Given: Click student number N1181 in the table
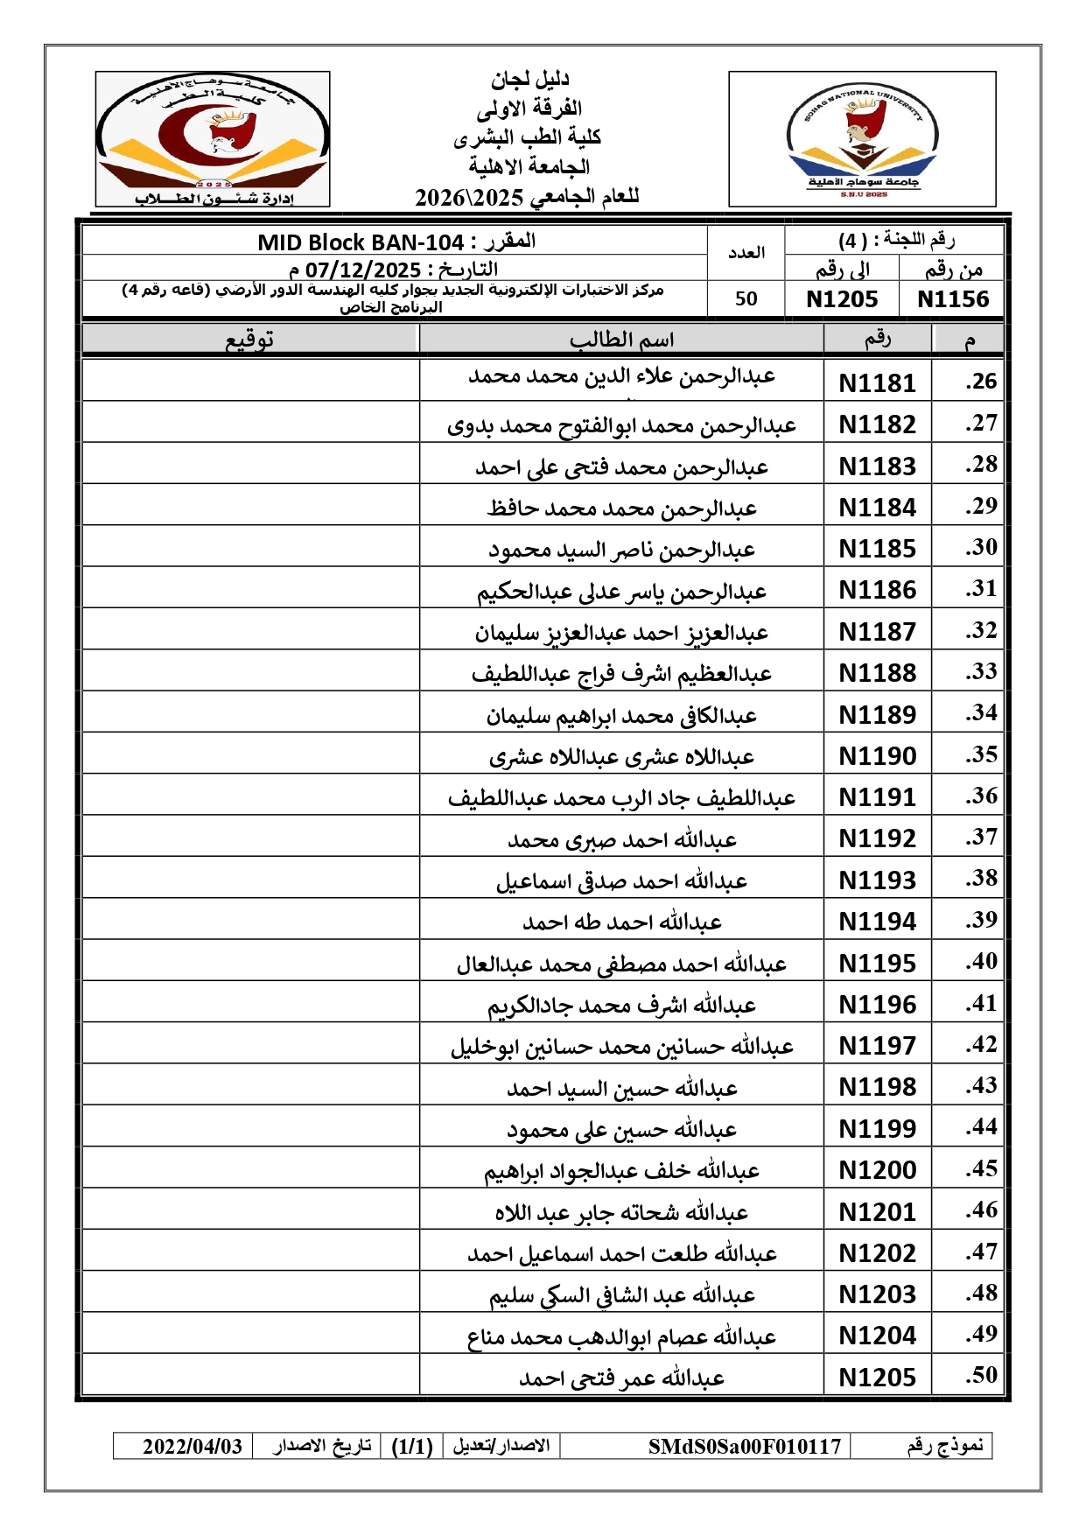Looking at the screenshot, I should tap(877, 382).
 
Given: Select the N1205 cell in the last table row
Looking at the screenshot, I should tap(877, 1377).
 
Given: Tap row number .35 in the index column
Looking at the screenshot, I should tap(981, 754).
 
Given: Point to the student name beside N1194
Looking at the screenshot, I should tap(621, 922).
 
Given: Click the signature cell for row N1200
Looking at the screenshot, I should tap(250, 1169).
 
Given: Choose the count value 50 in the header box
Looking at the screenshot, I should tap(746, 299).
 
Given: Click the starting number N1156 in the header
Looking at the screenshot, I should tap(952, 299).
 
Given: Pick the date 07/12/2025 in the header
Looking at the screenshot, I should tap(363, 270).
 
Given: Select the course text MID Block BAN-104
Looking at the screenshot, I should tap(361, 242).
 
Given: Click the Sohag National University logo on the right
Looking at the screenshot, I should tap(862, 140).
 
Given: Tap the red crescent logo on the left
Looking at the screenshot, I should tap(213, 140).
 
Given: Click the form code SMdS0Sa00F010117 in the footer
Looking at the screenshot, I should tap(744, 1446).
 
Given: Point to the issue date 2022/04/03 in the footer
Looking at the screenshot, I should tap(193, 1446).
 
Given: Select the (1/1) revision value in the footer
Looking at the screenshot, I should tap(412, 1446).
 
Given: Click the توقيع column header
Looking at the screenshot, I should tap(250, 340).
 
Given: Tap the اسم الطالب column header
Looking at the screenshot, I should tap(621, 340).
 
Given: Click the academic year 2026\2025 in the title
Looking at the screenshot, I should tap(468, 197).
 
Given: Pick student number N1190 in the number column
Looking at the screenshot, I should tap(877, 755).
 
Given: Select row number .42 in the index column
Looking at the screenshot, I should tap(981, 1044).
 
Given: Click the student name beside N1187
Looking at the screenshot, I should tap(621, 632).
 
